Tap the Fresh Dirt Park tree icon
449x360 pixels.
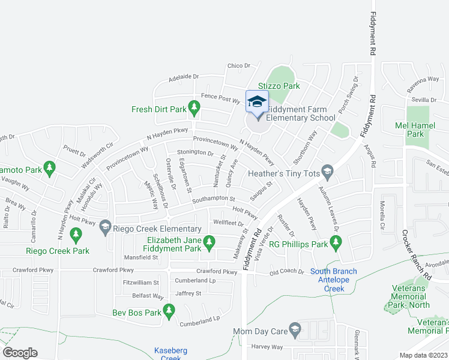coord(194,109)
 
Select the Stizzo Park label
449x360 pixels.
coord(279,86)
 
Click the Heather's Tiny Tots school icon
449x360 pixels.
coord(327,173)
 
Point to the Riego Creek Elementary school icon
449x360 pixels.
coord(106,226)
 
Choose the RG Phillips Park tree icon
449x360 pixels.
coord(336,244)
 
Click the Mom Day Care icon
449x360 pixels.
coord(295,330)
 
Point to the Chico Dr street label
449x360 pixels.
coord(239,66)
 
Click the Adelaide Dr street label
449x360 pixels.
coord(183,77)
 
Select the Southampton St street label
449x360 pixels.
coord(213,199)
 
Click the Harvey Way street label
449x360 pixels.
coord(267,347)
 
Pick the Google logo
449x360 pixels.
coord(20,353)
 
